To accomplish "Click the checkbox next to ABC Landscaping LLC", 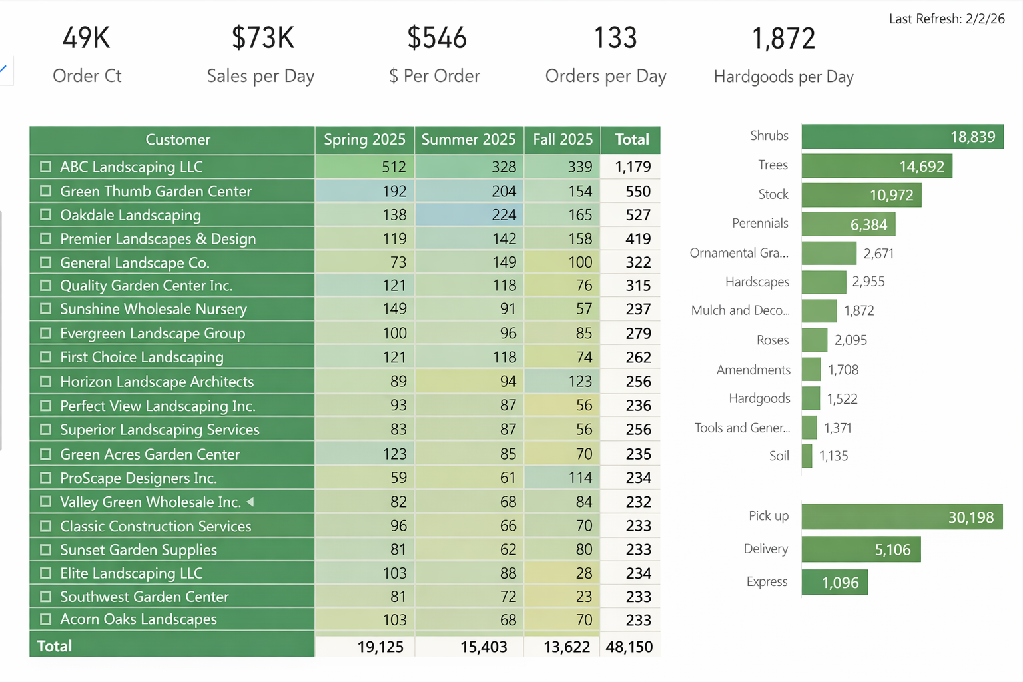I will click(x=45, y=167).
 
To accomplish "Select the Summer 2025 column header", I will click(x=468, y=140).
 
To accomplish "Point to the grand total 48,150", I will click(x=629, y=647).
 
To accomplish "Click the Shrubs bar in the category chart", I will click(x=902, y=137).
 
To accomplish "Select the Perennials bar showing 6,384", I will click(x=848, y=224).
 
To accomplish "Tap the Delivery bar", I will click(x=860, y=550).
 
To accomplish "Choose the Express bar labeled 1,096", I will click(x=835, y=583).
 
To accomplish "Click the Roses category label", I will click(x=772, y=340).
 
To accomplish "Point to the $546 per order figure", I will click(x=437, y=38).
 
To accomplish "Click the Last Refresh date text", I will click(x=946, y=19).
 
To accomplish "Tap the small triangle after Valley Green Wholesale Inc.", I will click(x=250, y=502).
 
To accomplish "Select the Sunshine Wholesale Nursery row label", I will click(x=153, y=309).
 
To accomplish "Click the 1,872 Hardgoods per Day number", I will click(x=783, y=39).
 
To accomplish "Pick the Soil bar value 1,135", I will click(x=833, y=456).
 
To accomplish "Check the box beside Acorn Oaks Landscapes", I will click(x=45, y=619).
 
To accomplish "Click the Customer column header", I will click(x=178, y=140).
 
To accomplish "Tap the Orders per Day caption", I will click(x=605, y=77).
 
